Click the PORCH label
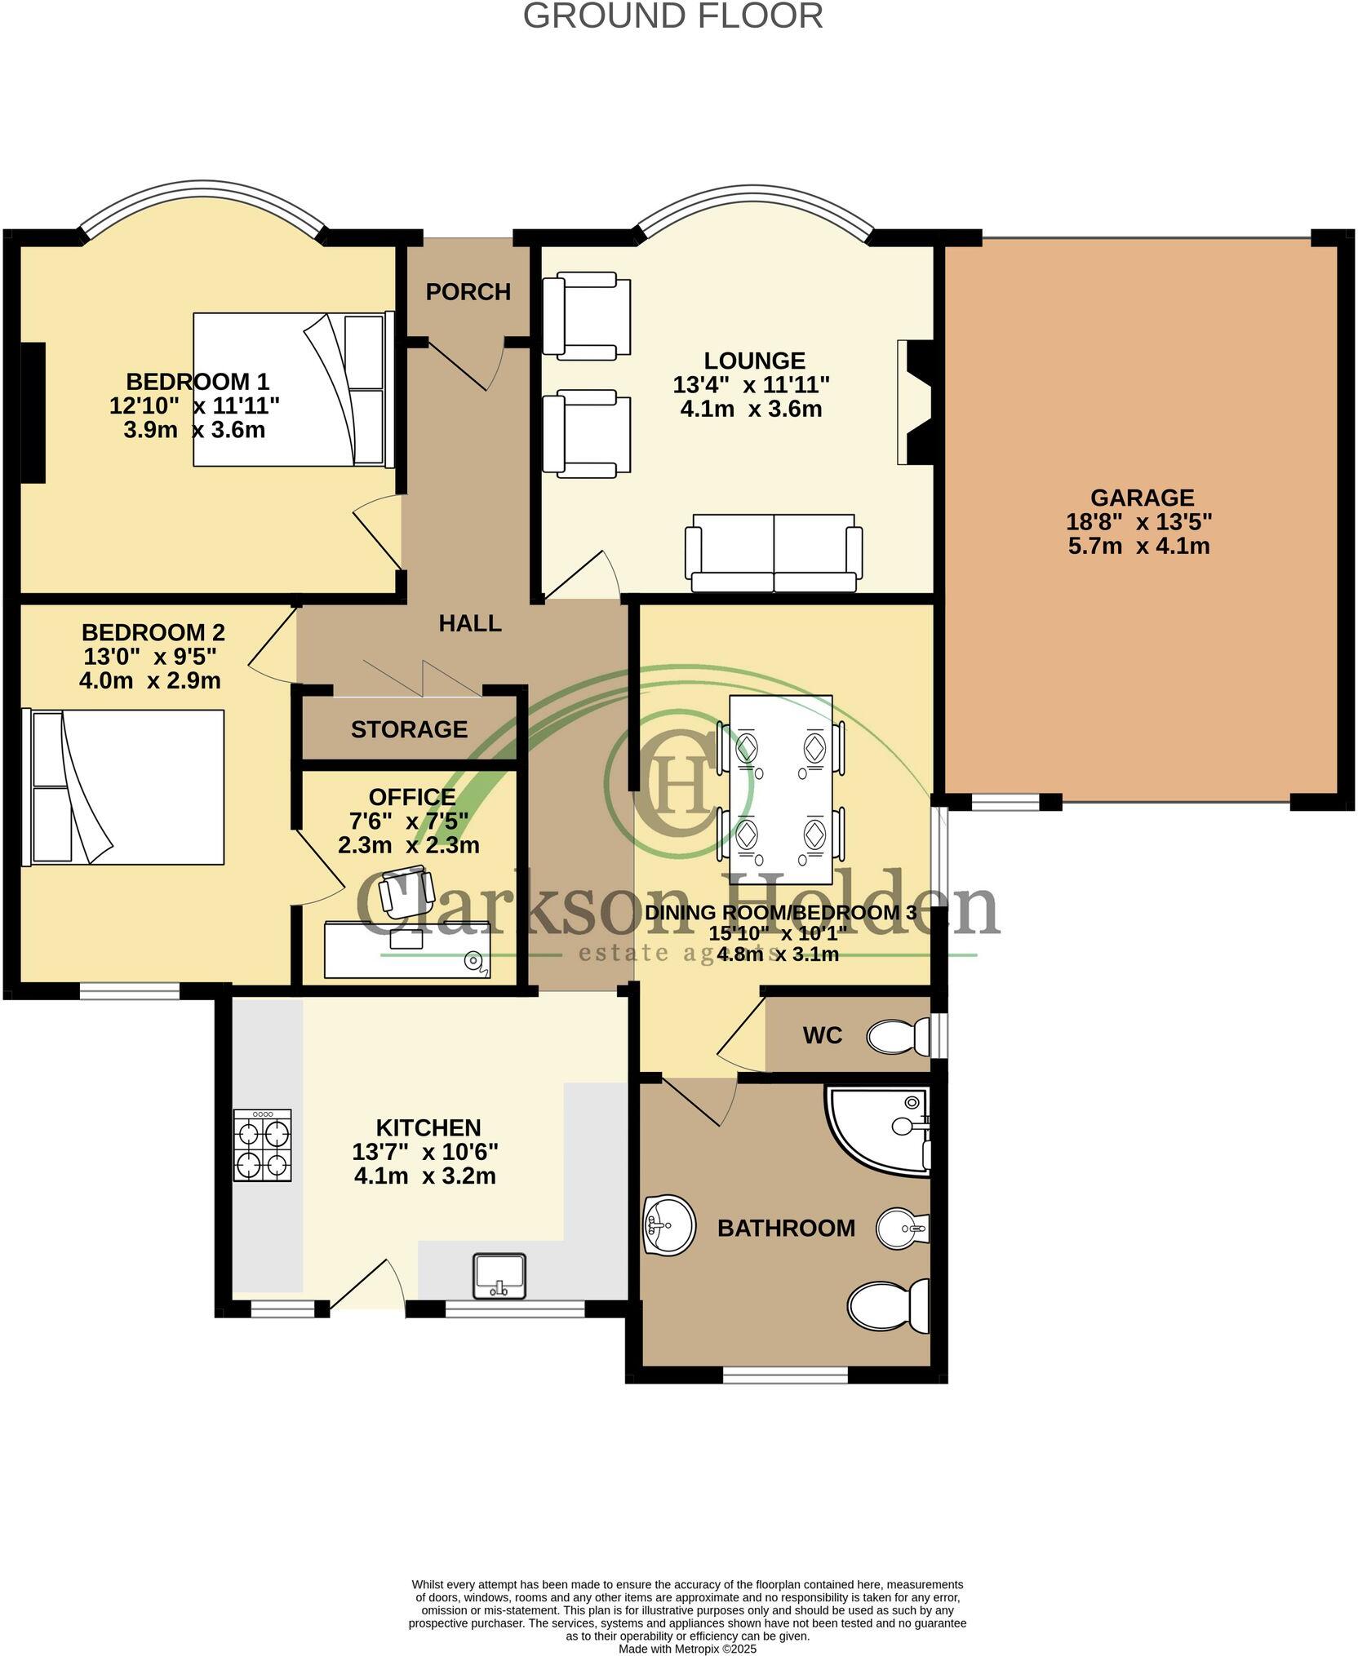click(x=468, y=291)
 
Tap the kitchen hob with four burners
click(x=262, y=1145)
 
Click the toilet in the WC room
click(x=898, y=1036)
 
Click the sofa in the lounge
click(x=773, y=553)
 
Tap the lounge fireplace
click(x=915, y=403)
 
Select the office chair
click(x=404, y=892)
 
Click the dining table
click(x=780, y=789)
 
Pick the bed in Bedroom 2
click(x=127, y=787)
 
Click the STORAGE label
click(x=409, y=729)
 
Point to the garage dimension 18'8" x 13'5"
click(x=1138, y=521)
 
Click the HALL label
click(x=470, y=623)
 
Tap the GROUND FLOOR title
click(x=672, y=16)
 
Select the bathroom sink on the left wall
click(x=668, y=1224)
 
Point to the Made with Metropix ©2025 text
click(x=687, y=1649)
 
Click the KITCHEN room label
click(x=428, y=1127)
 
